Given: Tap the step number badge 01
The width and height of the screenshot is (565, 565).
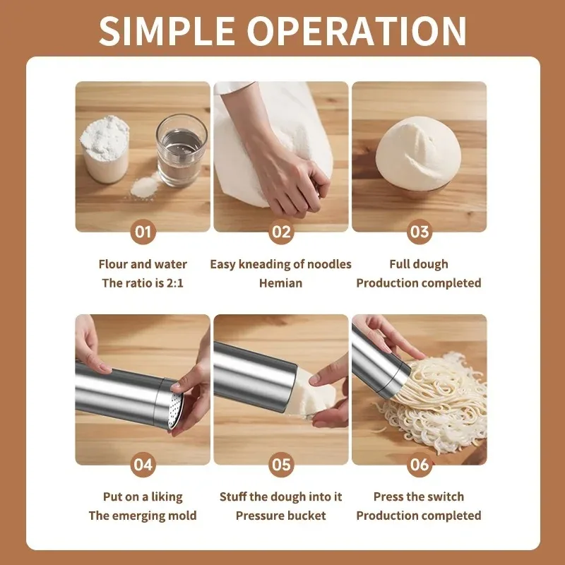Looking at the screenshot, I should click(x=143, y=232).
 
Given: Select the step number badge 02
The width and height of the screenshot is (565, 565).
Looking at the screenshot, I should click(x=281, y=232).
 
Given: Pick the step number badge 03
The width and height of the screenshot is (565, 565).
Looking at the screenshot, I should click(x=420, y=232).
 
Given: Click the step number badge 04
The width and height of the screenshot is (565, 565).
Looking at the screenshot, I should click(x=143, y=464).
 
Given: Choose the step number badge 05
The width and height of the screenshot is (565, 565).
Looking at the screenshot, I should click(x=281, y=464).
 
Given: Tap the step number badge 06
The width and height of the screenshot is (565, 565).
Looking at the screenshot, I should click(x=420, y=464).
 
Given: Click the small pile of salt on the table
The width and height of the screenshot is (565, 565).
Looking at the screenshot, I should click(x=145, y=186).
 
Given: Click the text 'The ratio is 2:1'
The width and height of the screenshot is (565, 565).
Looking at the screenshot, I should click(x=143, y=283).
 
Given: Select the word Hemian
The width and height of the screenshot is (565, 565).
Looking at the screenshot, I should click(x=280, y=283).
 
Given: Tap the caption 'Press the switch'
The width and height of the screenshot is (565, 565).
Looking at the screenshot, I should click(x=419, y=496).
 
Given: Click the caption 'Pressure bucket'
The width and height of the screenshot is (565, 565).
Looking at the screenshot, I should click(x=280, y=516).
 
